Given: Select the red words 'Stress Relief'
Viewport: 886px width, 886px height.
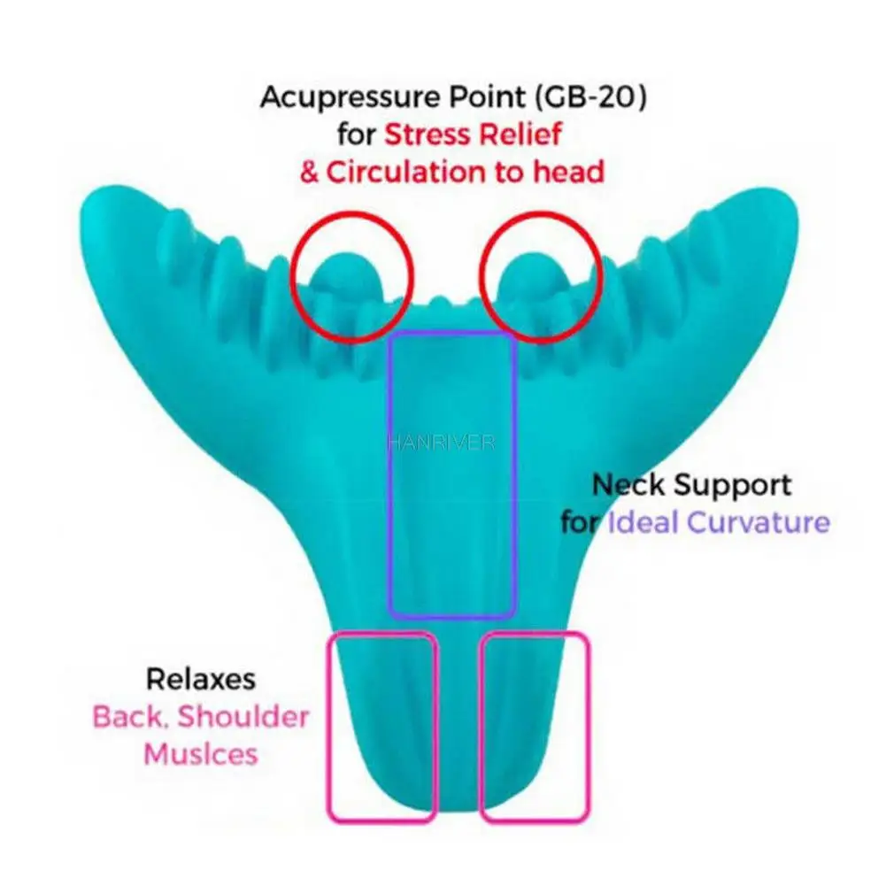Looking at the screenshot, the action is point(474,135).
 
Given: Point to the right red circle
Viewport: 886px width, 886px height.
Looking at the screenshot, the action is point(541,276).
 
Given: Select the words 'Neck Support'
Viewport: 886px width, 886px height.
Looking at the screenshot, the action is point(691,485).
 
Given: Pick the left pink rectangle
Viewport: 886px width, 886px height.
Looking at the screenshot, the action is point(382,726).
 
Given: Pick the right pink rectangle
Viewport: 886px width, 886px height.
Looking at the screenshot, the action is point(535,726).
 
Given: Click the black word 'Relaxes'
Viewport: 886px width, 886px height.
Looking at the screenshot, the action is point(201,680).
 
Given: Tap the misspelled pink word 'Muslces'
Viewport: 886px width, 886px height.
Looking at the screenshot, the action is point(201,754).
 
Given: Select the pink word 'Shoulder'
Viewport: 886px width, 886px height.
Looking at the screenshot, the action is point(244,717).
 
